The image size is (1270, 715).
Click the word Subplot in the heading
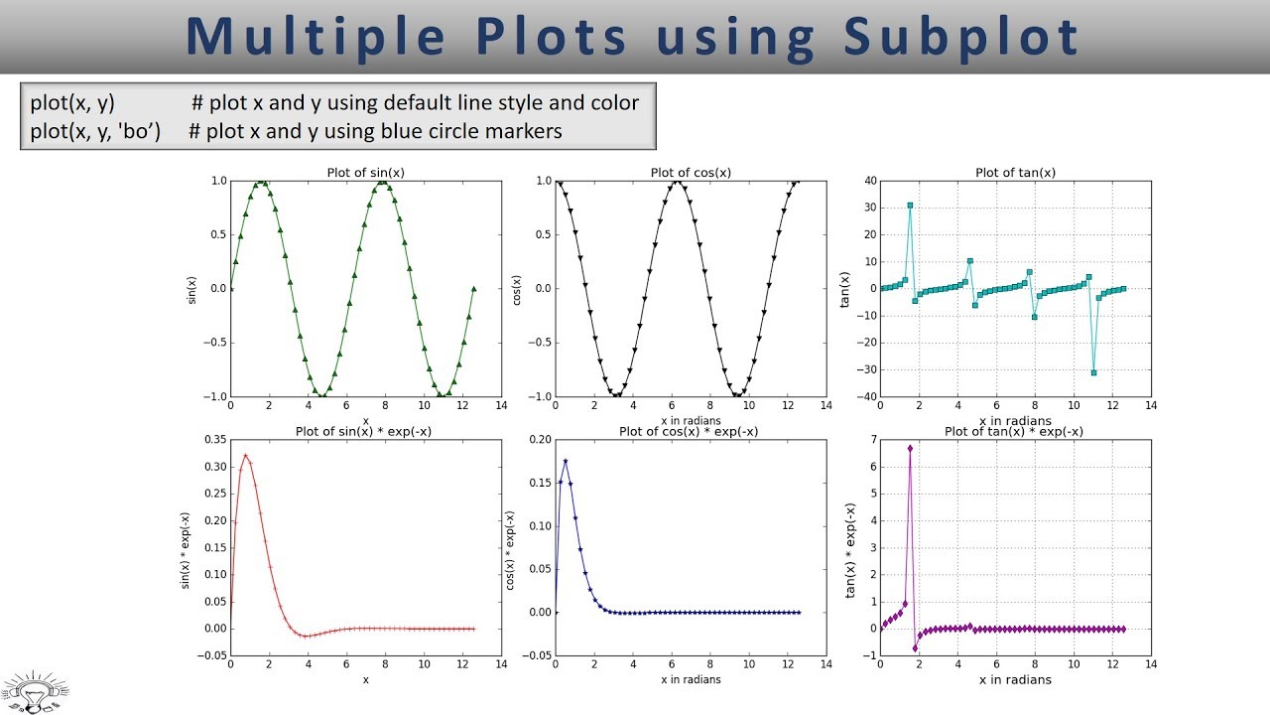click(961, 37)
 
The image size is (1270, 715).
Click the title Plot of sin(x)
click(365, 173)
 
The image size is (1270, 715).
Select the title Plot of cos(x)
click(691, 173)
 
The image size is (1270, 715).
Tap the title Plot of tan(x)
click(1015, 173)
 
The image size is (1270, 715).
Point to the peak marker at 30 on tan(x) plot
click(910, 206)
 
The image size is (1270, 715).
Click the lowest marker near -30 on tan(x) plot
click(1093, 372)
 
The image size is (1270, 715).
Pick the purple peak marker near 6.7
click(910, 448)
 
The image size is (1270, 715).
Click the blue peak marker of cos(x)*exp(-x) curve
click(565, 461)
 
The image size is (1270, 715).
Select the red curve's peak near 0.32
click(245, 457)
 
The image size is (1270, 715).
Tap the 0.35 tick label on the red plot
click(211, 439)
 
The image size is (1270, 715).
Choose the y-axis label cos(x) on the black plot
click(516, 289)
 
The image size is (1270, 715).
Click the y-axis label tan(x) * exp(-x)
click(849, 547)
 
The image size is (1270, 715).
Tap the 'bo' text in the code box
click(140, 131)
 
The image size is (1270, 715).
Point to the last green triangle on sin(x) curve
click(474, 289)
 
